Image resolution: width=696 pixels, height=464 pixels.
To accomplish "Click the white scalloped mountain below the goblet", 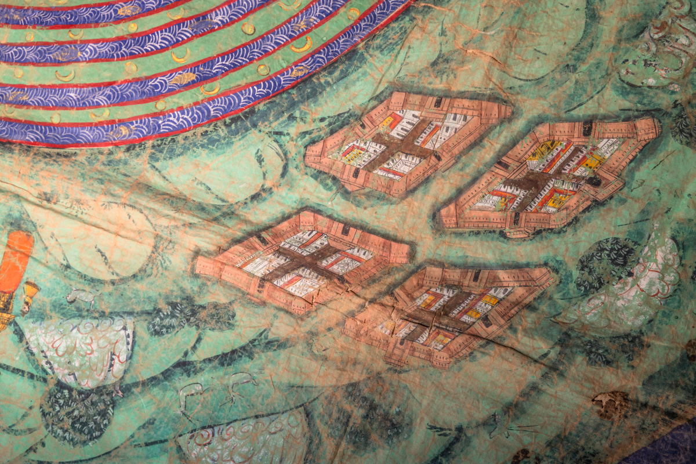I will (81, 348).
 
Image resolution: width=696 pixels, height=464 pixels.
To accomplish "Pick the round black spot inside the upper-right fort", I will (593, 182).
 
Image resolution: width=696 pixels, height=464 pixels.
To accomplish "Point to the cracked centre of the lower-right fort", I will (444, 316).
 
